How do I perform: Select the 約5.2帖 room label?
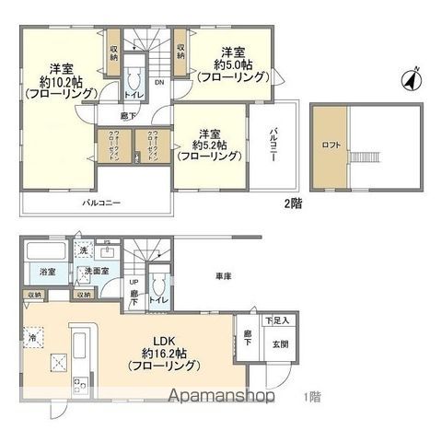(210, 144)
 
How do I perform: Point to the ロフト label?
(330, 145)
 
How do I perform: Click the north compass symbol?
(412, 80)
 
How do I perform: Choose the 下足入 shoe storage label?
(277, 320)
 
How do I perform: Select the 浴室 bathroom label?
(48, 273)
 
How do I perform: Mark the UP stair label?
(134, 283)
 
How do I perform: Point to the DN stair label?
(158, 81)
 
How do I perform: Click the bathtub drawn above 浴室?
(45, 251)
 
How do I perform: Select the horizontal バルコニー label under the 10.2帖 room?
(102, 202)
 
